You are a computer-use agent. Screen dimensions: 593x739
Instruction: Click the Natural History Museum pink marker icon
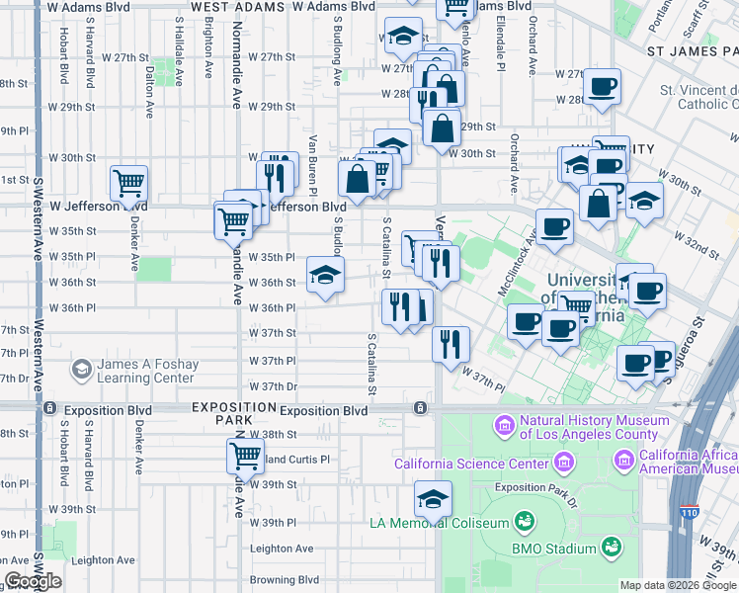504,427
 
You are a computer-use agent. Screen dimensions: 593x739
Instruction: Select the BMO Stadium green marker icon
613,546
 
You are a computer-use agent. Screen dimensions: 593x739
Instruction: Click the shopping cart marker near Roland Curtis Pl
245,456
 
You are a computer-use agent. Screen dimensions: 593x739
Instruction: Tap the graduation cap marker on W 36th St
324,276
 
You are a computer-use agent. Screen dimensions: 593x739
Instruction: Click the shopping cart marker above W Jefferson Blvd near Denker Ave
129,183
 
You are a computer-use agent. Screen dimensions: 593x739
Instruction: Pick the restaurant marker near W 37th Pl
450,344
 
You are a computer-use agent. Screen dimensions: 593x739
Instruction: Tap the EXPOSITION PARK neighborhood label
234,414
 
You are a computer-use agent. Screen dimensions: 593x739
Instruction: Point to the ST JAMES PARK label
692,49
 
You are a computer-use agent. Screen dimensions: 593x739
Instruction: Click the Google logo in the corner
33,581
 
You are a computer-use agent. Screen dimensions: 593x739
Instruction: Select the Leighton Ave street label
282,549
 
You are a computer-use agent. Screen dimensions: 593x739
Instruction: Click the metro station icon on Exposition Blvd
421,407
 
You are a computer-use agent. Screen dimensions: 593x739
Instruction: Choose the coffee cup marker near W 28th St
601,86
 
